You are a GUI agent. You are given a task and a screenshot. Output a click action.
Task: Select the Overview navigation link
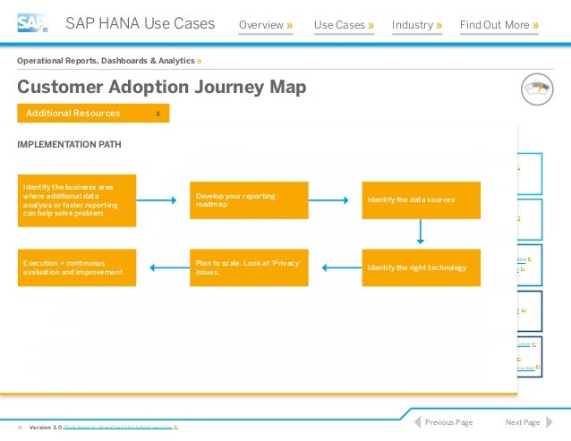(266, 25)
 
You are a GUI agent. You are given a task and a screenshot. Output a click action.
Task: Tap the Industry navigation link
(417, 25)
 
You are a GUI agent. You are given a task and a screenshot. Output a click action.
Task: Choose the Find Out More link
(499, 25)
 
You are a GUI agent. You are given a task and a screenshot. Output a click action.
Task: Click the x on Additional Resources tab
(158, 114)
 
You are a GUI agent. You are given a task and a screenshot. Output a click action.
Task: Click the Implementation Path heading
(70, 144)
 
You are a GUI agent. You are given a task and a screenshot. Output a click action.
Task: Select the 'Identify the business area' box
(76, 200)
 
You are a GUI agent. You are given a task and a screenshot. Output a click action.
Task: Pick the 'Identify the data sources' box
(421, 200)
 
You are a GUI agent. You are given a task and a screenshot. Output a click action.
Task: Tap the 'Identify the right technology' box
(421, 267)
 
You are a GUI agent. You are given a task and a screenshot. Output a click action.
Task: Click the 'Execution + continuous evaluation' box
(76, 267)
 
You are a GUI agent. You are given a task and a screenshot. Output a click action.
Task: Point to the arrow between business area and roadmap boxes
(163, 200)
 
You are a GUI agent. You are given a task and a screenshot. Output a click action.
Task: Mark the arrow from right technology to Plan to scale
(336, 267)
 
